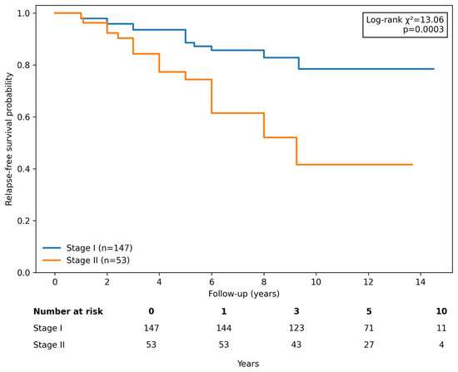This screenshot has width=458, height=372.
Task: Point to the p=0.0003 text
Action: (423, 29)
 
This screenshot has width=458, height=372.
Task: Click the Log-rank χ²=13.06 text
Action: (405, 20)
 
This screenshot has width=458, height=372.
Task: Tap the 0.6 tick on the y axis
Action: (22, 117)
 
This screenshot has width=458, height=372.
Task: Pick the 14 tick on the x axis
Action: (421, 282)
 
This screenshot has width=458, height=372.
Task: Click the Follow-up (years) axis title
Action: (244, 294)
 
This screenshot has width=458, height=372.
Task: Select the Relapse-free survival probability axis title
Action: (9, 139)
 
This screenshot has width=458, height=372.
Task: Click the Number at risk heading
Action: (68, 311)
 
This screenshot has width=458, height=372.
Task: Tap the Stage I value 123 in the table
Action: (296, 328)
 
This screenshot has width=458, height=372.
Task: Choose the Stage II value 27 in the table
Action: (369, 345)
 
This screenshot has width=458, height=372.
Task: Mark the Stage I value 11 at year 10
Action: (441, 328)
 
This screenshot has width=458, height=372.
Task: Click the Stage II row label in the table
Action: (49, 345)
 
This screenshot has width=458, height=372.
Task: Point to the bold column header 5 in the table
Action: (369, 311)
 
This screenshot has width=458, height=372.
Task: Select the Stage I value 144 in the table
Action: (224, 328)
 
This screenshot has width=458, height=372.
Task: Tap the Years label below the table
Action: (248, 364)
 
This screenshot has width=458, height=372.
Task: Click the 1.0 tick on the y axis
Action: (22, 13)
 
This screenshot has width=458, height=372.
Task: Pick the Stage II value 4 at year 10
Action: (441, 345)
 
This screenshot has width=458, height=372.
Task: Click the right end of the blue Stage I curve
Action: (434, 69)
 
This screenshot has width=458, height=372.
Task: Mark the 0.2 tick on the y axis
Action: (22, 221)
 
